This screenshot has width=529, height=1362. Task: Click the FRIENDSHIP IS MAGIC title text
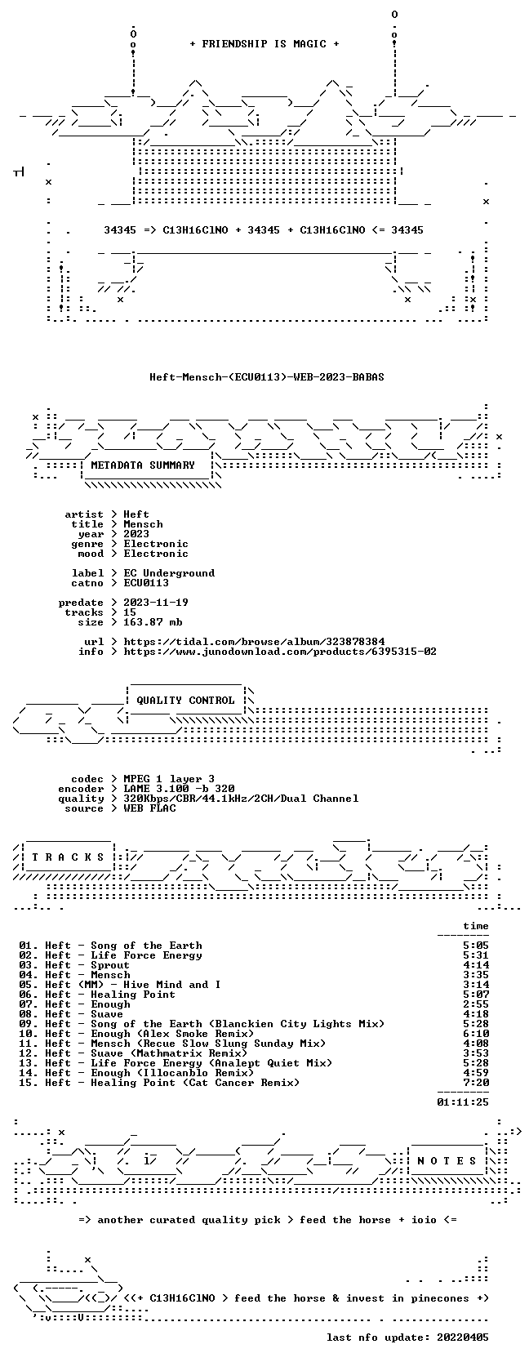(264, 44)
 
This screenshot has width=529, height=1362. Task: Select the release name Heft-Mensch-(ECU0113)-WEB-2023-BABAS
(267, 377)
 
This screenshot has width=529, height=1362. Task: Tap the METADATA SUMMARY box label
(143, 465)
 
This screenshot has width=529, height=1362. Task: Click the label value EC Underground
(169, 572)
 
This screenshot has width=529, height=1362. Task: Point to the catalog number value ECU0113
(146, 582)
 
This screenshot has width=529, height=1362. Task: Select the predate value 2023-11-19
(156, 602)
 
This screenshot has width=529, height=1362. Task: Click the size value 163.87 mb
(153, 622)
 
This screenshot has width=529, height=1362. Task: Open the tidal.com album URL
(254, 642)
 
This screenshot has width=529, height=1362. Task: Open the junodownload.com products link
(280, 652)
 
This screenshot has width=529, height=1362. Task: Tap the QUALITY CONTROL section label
(185, 701)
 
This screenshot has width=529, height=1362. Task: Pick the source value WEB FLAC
(149, 808)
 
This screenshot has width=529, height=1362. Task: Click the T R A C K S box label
(68, 857)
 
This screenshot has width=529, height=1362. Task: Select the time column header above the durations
(475, 926)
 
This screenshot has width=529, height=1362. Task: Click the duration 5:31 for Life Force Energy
(475, 955)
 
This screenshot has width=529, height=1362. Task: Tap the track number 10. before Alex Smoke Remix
(29, 1034)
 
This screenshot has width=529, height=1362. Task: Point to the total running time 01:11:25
(463, 1102)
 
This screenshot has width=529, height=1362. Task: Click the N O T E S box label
(447, 1161)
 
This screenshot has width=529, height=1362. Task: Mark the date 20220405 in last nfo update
(463, 1337)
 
